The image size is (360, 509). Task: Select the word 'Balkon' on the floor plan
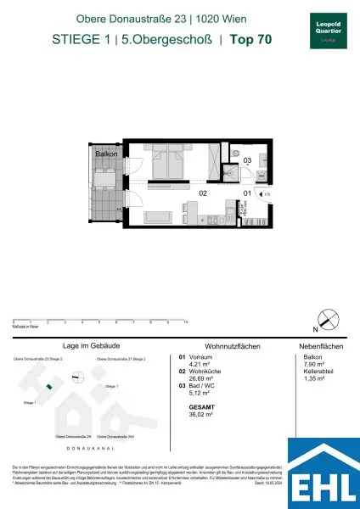coord(105,155)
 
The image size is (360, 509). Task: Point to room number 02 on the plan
coord(203,193)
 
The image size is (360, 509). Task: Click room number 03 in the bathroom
coord(248,160)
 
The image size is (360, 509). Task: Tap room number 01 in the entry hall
coord(247,193)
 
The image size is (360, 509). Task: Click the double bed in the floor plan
coord(171,159)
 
